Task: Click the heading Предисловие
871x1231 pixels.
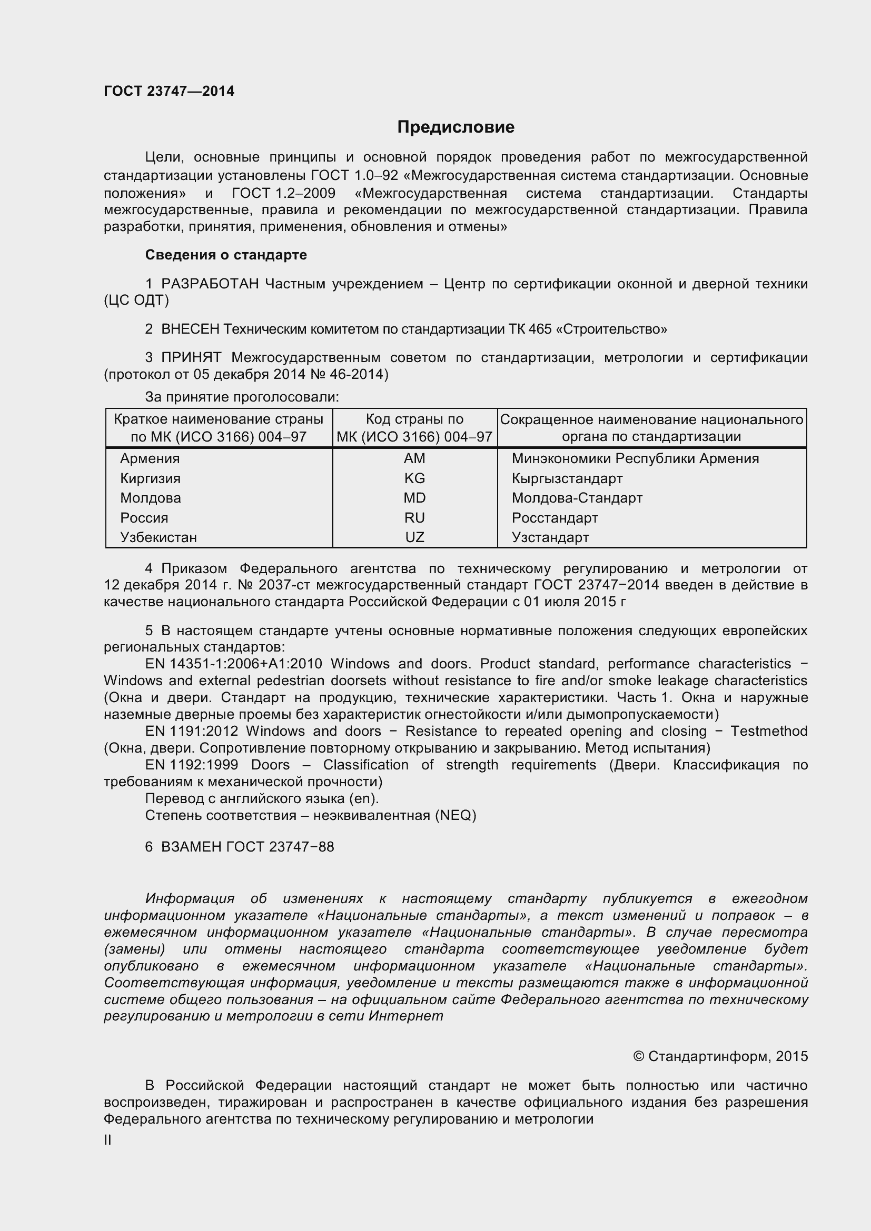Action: (456, 127)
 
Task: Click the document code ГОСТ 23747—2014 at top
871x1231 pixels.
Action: (169, 91)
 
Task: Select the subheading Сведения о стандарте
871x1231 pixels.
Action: (226, 255)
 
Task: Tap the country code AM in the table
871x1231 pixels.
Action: (414, 458)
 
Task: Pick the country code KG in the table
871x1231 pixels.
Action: (414, 478)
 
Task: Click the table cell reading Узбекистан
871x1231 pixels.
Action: (158, 537)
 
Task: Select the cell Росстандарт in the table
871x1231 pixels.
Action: (555, 518)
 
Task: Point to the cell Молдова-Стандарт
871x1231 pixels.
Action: (577, 498)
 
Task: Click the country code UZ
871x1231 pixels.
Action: (414, 537)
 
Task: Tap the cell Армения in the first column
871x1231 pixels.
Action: (150, 458)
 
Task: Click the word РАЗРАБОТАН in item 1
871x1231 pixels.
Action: (210, 284)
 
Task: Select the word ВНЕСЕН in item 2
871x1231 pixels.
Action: (190, 329)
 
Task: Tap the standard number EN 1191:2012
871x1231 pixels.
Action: (192, 732)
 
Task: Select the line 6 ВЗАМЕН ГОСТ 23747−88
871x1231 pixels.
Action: (239, 847)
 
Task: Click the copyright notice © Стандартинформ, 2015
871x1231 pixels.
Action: (720, 1057)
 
